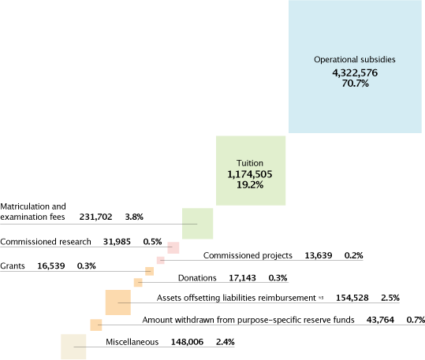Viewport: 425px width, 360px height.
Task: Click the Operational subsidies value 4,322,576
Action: tap(355, 73)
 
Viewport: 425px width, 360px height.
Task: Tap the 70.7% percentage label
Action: tap(355, 84)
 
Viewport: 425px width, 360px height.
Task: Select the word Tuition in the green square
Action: tap(250, 163)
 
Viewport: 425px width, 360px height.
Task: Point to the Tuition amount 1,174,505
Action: tap(250, 174)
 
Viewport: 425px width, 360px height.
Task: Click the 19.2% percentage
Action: tap(250, 185)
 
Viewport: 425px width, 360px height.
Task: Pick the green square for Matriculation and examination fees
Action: tap(198, 224)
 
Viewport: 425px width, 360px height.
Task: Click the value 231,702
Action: tap(95, 217)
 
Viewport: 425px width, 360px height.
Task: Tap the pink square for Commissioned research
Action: tap(173, 247)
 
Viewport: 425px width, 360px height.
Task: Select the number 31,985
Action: tap(117, 242)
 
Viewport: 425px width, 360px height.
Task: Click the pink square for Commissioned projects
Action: tap(161, 260)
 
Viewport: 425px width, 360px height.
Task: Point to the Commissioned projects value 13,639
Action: tap(319, 255)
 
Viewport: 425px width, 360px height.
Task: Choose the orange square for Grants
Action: tap(149, 271)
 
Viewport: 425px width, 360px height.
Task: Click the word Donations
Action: tap(197, 278)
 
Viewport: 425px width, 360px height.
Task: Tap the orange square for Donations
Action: tap(138, 283)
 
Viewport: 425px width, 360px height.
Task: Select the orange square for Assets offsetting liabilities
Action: tap(118, 302)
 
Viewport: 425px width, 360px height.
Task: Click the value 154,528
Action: tap(352, 298)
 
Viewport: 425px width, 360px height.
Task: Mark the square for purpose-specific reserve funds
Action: tap(96, 325)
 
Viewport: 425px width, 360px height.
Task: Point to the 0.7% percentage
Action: tap(416, 320)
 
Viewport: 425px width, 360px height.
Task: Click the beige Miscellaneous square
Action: tap(73, 347)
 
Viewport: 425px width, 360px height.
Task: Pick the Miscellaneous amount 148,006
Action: tap(188, 342)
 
